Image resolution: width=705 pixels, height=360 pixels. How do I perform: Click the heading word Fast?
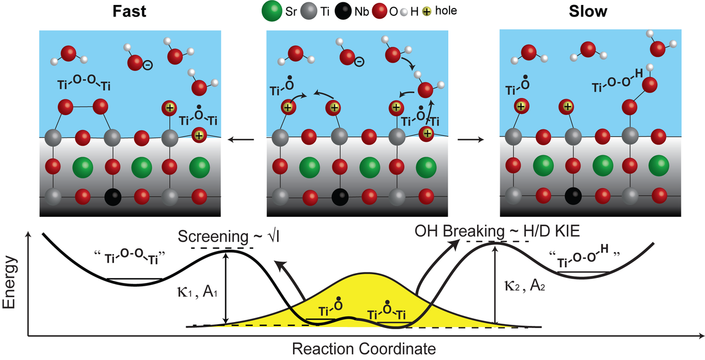click(129, 12)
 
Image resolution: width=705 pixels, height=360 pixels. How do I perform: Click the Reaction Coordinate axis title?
click(364, 348)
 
